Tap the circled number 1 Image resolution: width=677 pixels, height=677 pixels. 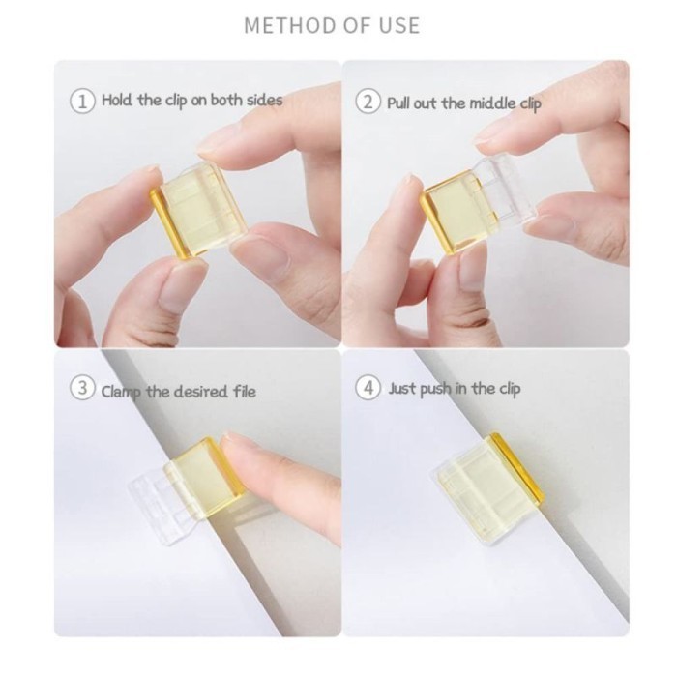83,101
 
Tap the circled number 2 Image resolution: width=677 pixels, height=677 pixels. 368,102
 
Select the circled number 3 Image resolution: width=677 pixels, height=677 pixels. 83,390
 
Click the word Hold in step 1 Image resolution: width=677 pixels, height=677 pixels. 117,101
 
